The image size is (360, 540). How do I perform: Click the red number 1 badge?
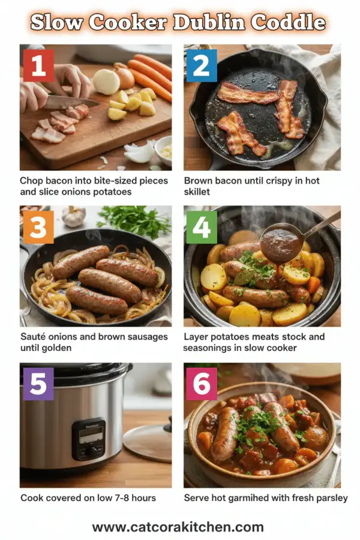tap(38, 65)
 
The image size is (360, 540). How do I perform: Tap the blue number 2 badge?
tap(202, 65)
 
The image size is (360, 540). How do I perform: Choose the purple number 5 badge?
tap(38, 383)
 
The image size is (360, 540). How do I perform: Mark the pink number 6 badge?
tap(202, 383)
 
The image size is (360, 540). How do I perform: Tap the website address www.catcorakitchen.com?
tap(178, 527)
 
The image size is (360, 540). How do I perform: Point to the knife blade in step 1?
tap(71, 103)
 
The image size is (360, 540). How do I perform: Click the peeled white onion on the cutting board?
tap(106, 81)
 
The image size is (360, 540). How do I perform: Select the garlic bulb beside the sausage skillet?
tap(73, 217)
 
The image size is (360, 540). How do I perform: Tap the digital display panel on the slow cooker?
tap(88, 436)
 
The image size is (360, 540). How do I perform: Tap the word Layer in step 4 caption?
tap(196, 337)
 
